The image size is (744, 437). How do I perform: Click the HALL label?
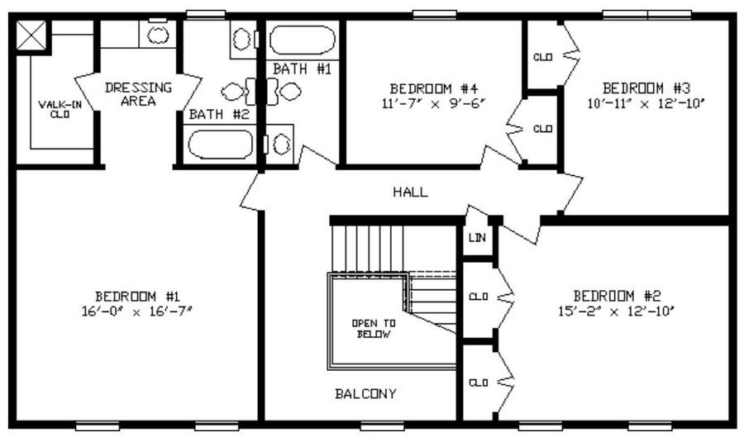pyautogui.click(x=410, y=192)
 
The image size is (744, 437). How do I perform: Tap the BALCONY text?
pyautogui.click(x=365, y=394)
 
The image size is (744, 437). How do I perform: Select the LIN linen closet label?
pyautogui.click(x=477, y=237)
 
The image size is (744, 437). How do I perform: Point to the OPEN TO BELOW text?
pyautogui.click(x=374, y=329)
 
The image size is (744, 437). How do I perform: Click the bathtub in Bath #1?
pyautogui.click(x=303, y=40)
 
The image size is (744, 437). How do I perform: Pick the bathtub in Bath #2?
pyautogui.click(x=220, y=144)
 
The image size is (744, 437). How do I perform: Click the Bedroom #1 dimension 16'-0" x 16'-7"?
pyautogui.click(x=137, y=311)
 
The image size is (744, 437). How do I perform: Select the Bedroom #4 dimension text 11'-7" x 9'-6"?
pyautogui.click(x=434, y=103)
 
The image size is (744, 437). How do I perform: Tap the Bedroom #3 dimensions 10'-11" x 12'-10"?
pyautogui.click(x=646, y=103)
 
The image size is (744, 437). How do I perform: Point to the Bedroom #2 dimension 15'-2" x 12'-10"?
pyautogui.click(x=617, y=311)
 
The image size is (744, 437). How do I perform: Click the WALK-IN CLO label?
pyautogui.click(x=60, y=110)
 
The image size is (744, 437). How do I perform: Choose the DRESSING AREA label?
pyautogui.click(x=138, y=94)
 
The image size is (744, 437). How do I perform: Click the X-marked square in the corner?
pyautogui.click(x=31, y=35)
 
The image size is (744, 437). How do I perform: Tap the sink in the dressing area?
pyautogui.click(x=158, y=35)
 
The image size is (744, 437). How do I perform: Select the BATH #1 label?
pyautogui.click(x=302, y=69)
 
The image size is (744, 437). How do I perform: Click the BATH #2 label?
pyautogui.click(x=219, y=114)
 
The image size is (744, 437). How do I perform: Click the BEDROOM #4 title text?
pyautogui.click(x=433, y=88)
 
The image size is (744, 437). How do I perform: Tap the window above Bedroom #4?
pyautogui.click(x=435, y=15)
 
